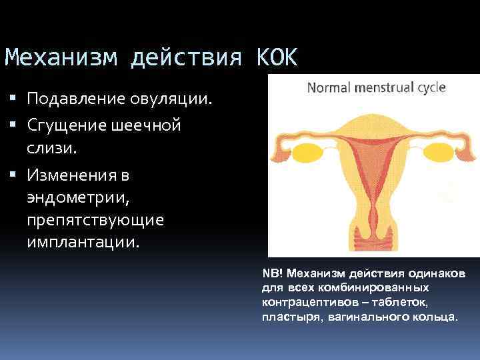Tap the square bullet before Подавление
(15, 100)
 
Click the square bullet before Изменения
(15, 176)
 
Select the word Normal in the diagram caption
(329, 87)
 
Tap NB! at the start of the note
(272, 275)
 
